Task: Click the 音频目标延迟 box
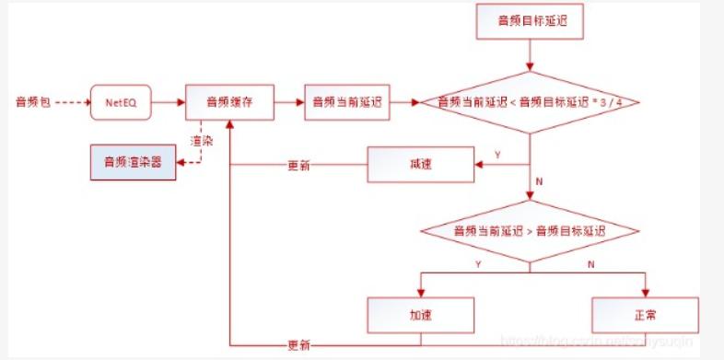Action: pyautogui.click(x=530, y=22)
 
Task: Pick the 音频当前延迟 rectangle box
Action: pyautogui.click(x=345, y=101)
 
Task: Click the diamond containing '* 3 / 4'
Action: pyautogui.click(x=530, y=101)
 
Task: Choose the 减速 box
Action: pyautogui.click(x=421, y=166)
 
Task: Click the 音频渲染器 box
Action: pyautogui.click(x=132, y=163)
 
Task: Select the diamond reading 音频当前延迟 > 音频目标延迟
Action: pyautogui.click(x=530, y=230)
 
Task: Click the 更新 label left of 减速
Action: pyautogui.click(x=298, y=167)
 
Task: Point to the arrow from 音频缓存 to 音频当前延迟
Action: pyautogui.click(x=289, y=101)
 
